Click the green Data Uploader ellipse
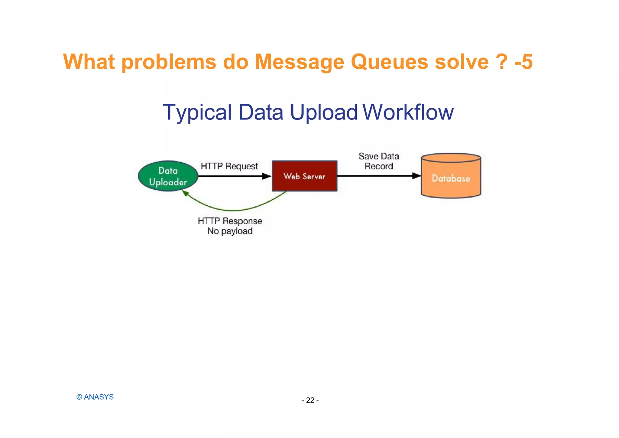168,176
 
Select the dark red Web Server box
304,176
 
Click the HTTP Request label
229,166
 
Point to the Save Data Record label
379,161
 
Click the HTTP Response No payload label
230,226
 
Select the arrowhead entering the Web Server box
267,176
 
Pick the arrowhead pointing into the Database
416,176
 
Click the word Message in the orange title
300,62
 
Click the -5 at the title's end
523,62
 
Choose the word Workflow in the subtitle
408,113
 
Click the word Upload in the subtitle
323,113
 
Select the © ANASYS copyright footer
95,397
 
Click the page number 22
310,400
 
